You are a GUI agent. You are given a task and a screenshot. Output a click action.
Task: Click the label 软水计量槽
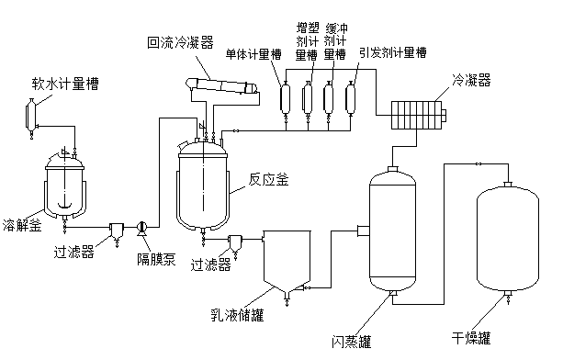[x=65, y=84]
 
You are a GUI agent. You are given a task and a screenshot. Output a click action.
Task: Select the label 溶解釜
[x=22, y=225]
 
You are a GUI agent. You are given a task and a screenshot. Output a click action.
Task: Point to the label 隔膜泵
[x=156, y=258]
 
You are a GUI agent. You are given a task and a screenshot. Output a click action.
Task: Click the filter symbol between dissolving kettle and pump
[x=117, y=231]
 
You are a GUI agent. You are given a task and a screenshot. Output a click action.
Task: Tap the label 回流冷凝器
[x=181, y=42]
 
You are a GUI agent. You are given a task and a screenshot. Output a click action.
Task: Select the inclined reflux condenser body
[x=221, y=86]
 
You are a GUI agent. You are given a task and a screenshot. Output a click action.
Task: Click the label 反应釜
[x=269, y=179]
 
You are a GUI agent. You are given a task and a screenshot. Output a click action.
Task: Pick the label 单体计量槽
[x=253, y=54]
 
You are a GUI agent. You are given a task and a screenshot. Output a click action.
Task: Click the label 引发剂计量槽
[x=393, y=52]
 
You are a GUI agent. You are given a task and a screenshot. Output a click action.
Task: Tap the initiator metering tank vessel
[x=351, y=97]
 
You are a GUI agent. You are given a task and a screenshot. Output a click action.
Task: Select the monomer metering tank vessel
[x=286, y=97]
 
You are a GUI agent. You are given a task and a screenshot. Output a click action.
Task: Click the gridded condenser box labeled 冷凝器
[x=418, y=115]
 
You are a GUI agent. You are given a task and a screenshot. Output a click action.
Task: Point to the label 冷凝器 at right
[x=471, y=81]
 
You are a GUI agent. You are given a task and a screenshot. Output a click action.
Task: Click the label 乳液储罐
[x=237, y=314]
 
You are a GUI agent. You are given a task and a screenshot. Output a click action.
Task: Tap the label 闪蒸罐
[x=351, y=342]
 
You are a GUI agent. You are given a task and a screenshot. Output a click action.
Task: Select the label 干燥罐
[x=471, y=338]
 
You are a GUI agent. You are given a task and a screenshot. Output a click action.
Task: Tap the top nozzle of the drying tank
[x=508, y=184]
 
